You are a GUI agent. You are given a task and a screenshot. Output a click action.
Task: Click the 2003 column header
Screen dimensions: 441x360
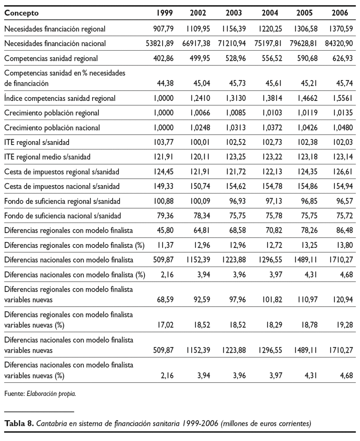[234, 13]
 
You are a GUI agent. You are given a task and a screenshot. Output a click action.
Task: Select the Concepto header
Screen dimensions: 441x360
[21, 13]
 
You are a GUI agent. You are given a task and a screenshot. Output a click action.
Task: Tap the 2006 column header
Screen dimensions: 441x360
[340, 13]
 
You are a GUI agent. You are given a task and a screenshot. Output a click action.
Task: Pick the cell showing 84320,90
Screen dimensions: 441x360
[337, 44]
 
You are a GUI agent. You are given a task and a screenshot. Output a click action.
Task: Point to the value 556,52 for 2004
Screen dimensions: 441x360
[272, 58]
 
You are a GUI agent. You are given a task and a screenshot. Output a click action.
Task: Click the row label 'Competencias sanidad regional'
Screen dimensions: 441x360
[51, 58]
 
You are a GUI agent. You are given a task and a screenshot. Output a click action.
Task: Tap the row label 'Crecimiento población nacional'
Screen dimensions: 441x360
[52, 128]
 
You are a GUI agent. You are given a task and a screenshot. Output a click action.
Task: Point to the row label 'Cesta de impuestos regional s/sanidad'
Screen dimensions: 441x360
[62, 172]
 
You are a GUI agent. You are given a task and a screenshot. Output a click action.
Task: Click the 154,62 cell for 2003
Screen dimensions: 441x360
[236, 186]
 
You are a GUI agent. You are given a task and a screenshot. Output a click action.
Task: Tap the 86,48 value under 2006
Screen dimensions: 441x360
[343, 230]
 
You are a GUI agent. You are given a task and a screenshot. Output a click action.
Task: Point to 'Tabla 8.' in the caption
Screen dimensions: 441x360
[19, 423]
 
